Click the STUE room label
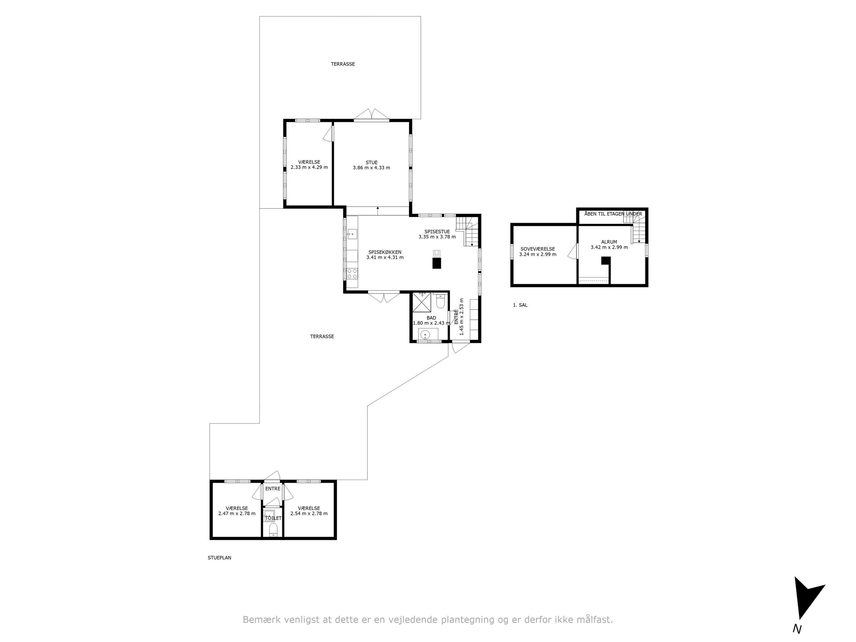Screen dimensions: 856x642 pos(371,163)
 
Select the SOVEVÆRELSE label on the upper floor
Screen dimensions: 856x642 pos(538,249)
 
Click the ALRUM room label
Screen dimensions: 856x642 pos(609,242)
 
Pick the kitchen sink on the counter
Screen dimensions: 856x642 pos(352,234)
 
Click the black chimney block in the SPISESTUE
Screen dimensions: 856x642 pos(437,263)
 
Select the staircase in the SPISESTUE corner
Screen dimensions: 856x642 pos(467,231)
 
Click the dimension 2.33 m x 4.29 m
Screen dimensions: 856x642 pos(309,168)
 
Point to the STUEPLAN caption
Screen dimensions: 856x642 pos(219,558)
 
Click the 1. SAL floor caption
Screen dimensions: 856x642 pos(520,305)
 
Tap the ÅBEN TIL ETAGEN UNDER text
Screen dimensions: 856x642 pos(613,214)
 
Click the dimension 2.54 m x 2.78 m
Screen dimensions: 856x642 pos(309,514)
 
